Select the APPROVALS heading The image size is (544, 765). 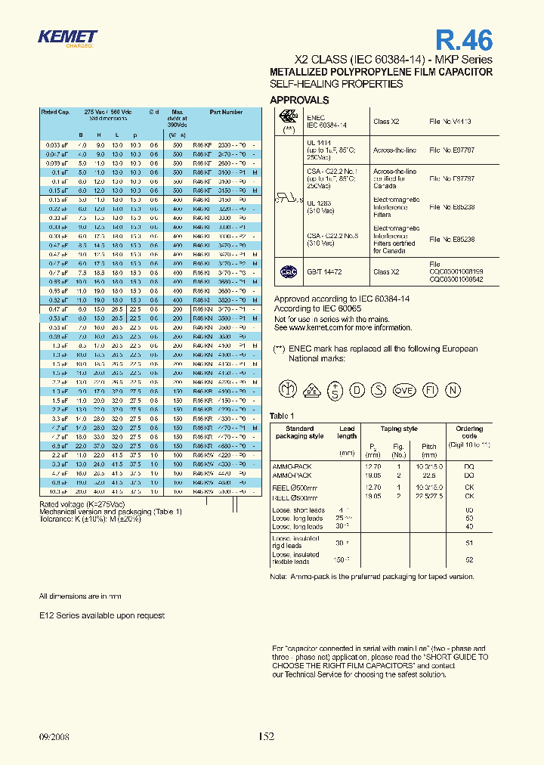(299, 100)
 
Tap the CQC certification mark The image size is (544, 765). (288, 271)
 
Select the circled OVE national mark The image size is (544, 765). (405, 390)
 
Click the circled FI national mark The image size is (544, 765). (429, 390)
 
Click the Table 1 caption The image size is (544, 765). (281, 416)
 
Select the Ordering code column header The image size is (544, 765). (468, 432)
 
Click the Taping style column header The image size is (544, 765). (399, 429)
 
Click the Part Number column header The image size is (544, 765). (226, 112)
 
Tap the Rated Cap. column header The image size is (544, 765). (55, 112)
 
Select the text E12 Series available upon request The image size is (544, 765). (101, 615)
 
